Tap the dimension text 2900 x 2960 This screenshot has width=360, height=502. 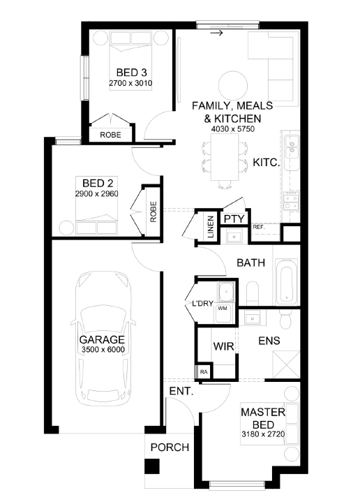point(97,193)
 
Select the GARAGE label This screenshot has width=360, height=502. point(102,340)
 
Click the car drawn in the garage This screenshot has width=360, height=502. point(103,339)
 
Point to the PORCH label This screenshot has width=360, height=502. point(170,448)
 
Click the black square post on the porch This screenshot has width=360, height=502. point(151,466)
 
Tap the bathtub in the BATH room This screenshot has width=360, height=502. point(286,282)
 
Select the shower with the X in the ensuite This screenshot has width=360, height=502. point(286,364)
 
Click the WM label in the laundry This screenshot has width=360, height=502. point(223,309)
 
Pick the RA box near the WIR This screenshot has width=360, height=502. point(204,372)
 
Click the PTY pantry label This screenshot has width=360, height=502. point(234,219)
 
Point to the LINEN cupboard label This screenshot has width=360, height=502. point(211,227)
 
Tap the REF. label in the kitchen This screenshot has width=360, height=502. point(259,228)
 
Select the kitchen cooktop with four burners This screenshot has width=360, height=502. point(291,201)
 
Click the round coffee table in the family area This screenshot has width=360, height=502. point(233,85)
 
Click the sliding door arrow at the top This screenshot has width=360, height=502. point(217,33)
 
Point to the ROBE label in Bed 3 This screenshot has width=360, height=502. point(110,135)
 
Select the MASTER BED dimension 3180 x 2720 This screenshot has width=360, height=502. point(263,434)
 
